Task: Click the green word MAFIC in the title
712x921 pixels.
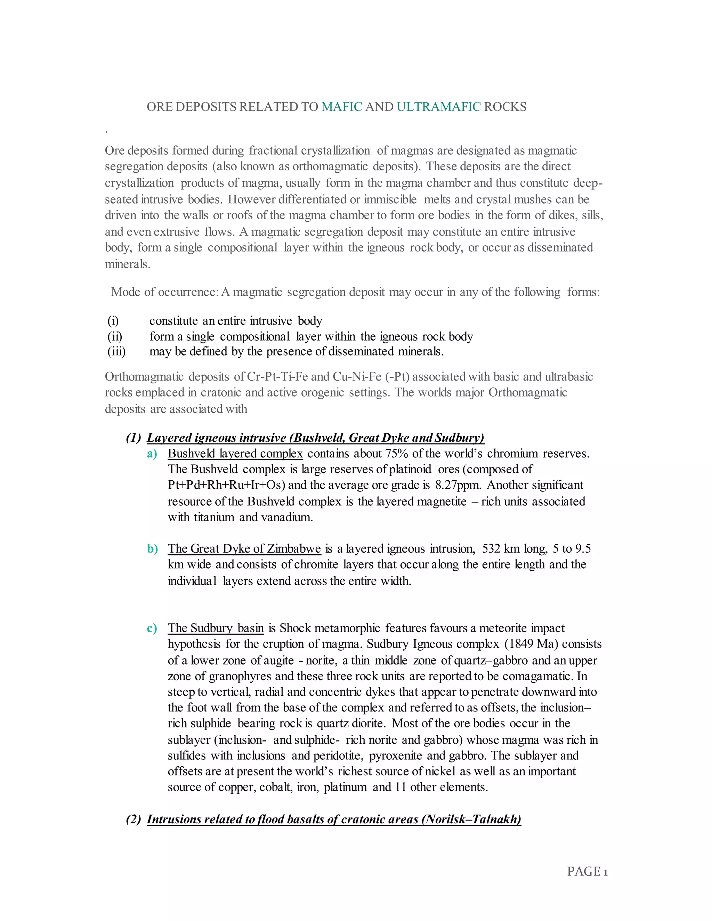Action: pyautogui.click(x=342, y=107)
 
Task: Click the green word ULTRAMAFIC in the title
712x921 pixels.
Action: pyautogui.click(x=438, y=107)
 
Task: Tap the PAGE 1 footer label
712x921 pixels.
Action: pyautogui.click(x=587, y=871)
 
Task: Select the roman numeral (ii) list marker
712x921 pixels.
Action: pyautogui.click(x=115, y=336)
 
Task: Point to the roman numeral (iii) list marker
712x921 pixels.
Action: pyautogui.click(x=116, y=351)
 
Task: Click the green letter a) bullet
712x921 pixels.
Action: pyautogui.click(x=152, y=454)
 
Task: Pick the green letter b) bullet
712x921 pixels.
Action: pyautogui.click(x=152, y=549)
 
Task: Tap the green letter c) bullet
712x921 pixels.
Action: pyautogui.click(x=152, y=628)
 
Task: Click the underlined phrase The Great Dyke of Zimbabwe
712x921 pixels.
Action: pyautogui.click(x=244, y=549)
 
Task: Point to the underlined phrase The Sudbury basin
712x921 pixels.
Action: pyautogui.click(x=216, y=628)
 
